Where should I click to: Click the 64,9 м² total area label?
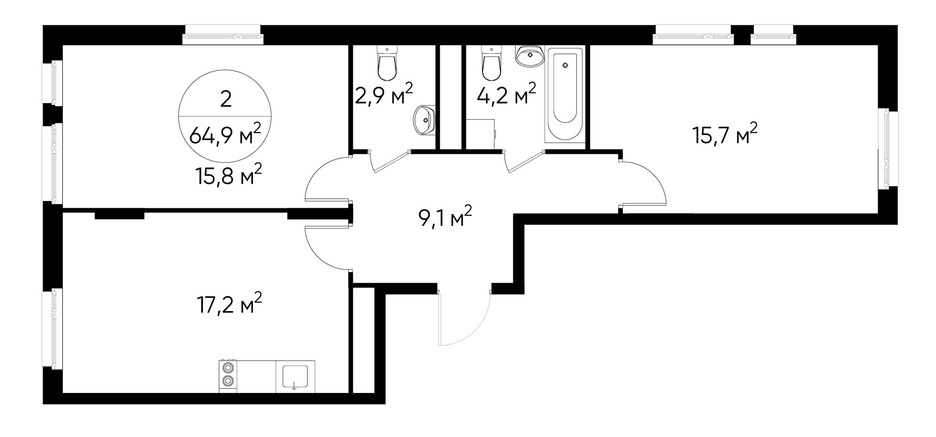[x=225, y=134]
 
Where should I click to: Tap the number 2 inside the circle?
[x=226, y=99]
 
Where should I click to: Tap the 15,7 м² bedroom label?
[x=725, y=135]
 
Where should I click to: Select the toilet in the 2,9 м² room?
[x=387, y=65]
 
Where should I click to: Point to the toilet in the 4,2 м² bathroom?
[x=491, y=65]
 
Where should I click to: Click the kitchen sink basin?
[x=295, y=376]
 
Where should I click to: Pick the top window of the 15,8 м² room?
[x=223, y=36]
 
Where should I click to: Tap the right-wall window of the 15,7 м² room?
[x=888, y=149]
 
